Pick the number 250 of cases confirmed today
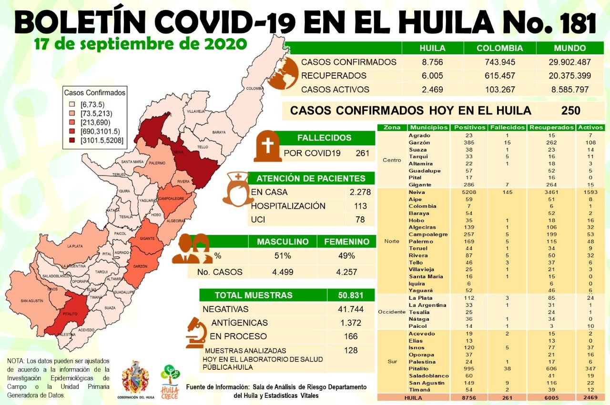pos(570,111)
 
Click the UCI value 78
pos(360,220)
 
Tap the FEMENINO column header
pos(346,242)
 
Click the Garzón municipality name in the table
pos(419,142)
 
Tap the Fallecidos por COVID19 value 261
pos(363,153)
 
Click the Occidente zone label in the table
pos(392,312)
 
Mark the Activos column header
pos(590,128)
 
